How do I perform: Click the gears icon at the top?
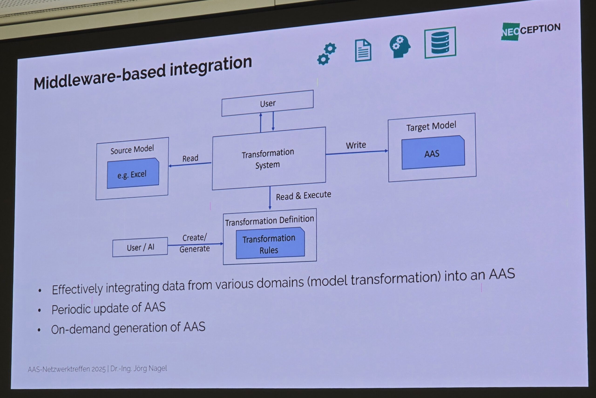coord(327,54)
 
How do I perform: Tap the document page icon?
coord(363,50)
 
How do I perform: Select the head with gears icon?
coord(400,46)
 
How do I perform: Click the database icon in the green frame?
coord(440,42)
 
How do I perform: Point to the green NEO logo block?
coord(510,32)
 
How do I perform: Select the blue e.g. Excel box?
coord(133,174)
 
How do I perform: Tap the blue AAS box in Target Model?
coord(433,153)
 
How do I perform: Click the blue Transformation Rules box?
coord(270,244)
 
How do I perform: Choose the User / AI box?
coord(140,247)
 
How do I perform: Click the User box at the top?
coord(267,103)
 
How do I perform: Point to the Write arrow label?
coord(356,145)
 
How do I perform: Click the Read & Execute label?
coord(303,196)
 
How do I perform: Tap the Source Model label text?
coord(132,149)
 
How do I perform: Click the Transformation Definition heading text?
coord(269,220)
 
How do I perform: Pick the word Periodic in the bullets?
coord(71,309)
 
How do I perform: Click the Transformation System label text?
coord(268,159)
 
